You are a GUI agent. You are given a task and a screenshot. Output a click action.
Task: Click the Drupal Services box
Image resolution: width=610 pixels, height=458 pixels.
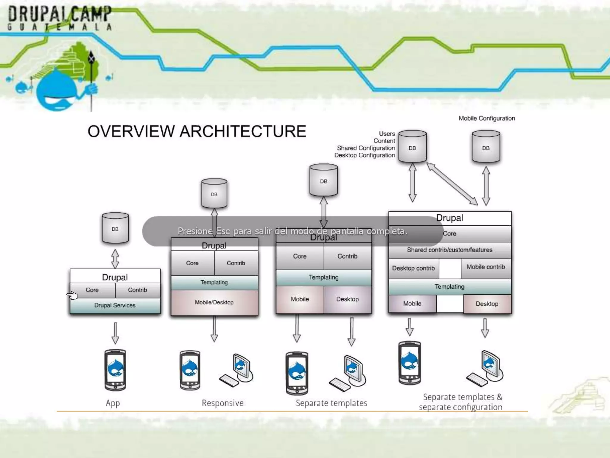coord(115,305)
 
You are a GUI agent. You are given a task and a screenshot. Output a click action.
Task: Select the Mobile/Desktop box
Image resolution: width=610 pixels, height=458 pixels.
coord(214,302)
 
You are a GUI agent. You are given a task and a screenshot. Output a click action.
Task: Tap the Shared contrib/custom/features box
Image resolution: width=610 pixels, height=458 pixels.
coord(450,250)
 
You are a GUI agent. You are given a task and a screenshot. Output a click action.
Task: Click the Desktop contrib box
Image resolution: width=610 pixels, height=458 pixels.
coord(413,268)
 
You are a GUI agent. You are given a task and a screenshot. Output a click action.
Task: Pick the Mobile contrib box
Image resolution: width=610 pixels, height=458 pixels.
coord(486,267)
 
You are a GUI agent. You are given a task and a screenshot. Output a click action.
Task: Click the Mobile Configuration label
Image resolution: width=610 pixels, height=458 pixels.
coord(487,118)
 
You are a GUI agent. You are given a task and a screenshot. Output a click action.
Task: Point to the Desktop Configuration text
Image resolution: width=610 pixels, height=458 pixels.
coord(365,155)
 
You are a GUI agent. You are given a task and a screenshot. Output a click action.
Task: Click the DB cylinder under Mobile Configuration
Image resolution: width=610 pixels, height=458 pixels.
coord(486,147)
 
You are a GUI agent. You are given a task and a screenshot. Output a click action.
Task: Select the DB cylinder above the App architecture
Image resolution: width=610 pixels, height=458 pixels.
coord(115,228)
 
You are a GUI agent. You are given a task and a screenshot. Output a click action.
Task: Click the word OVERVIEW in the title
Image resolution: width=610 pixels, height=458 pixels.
coord(131,131)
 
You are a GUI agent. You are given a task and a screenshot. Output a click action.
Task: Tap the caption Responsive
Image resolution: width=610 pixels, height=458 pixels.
coord(222,403)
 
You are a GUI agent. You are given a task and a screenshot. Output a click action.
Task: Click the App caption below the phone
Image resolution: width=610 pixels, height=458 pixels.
coord(113,403)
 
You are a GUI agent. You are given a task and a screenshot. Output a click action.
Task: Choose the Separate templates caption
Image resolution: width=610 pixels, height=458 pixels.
coord(331,403)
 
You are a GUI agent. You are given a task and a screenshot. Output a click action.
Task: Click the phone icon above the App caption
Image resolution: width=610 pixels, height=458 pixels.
coord(115,370)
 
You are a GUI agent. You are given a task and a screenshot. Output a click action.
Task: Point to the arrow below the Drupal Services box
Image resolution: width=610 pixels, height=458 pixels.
coord(115,333)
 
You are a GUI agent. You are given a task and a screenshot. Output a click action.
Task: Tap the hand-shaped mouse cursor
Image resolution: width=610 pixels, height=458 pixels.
coord(72,295)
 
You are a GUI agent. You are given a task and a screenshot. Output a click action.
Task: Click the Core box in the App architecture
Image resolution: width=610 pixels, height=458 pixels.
coord(92,290)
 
